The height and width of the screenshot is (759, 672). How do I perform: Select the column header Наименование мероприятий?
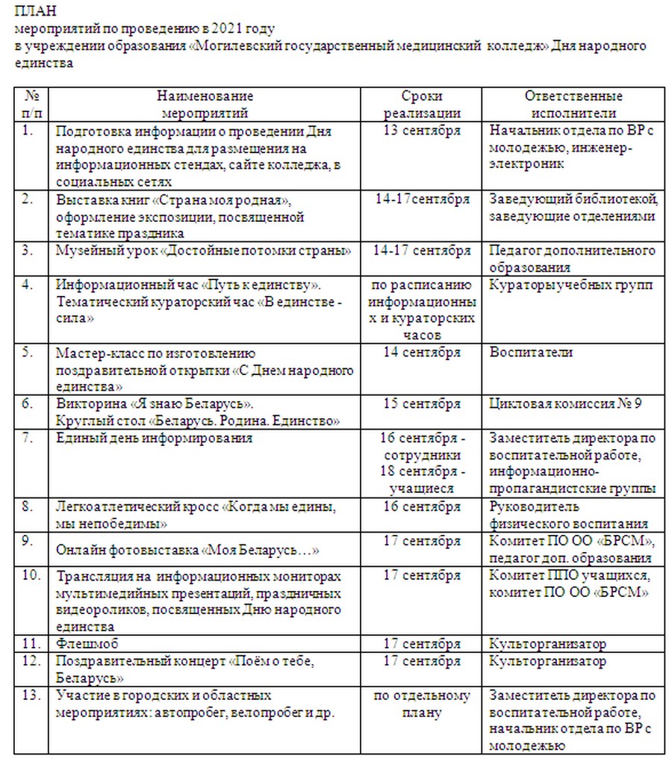pos(205,105)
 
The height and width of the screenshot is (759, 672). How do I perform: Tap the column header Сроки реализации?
pos(422,105)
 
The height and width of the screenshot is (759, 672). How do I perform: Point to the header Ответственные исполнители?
pos(573,105)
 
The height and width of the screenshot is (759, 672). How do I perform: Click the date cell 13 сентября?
pos(422,131)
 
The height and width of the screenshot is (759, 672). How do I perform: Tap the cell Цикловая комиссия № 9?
pos(565,404)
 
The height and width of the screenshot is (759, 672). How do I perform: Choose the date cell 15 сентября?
pos(422,404)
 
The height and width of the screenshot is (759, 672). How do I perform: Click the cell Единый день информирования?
pos(155,438)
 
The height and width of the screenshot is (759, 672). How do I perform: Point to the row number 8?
pos(28,506)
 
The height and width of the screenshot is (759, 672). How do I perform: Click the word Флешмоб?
pos(87,643)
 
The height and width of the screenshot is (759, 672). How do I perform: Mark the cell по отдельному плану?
pos(422,704)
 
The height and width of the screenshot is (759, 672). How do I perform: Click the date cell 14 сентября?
pos(422,352)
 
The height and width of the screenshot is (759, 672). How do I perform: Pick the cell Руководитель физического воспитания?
pos(568,515)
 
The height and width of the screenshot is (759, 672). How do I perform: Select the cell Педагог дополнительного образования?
pos(573,258)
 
